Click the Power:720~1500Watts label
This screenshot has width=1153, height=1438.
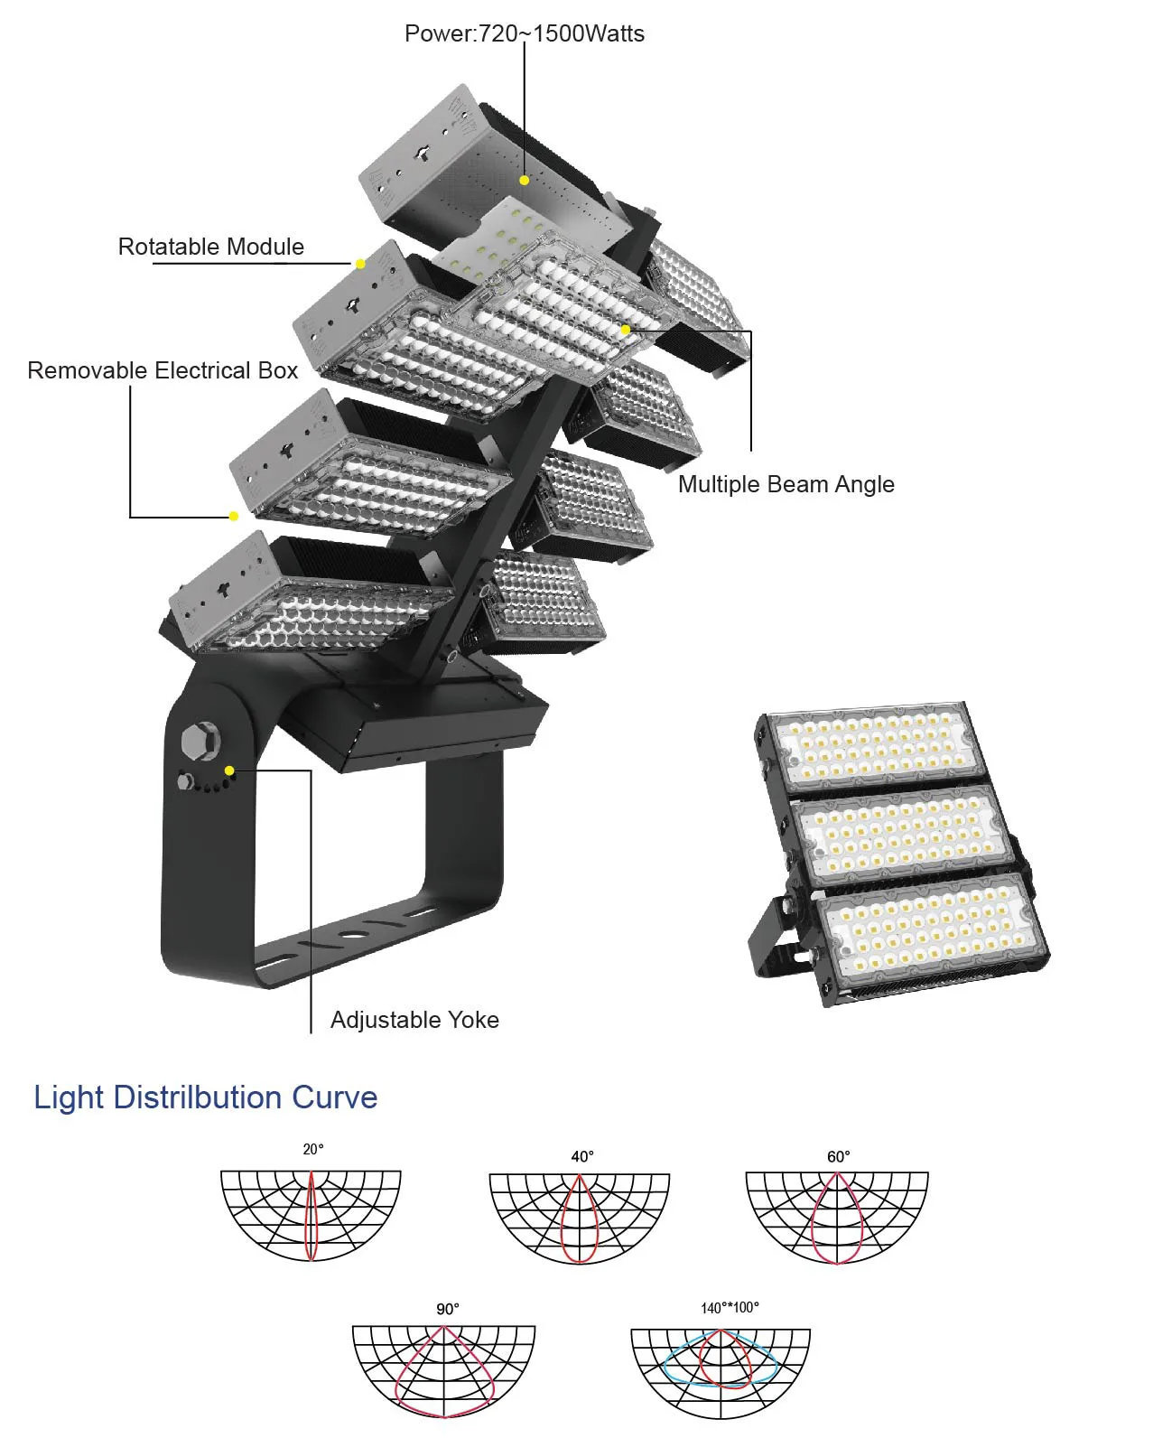coord(525,33)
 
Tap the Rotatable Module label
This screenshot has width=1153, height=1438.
coord(211,247)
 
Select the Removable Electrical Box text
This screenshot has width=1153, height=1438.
coord(163,370)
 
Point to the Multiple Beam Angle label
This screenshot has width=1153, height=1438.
coord(786,484)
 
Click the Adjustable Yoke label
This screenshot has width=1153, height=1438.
coord(414,1020)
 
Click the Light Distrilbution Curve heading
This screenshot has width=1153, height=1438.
coord(206,1097)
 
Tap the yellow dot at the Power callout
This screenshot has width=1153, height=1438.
coord(525,180)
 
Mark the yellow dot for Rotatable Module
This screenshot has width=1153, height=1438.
coord(360,263)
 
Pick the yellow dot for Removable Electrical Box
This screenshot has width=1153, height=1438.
coord(234,516)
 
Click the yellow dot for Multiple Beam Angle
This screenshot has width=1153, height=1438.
coord(626,330)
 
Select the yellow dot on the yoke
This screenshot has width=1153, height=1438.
coord(229,770)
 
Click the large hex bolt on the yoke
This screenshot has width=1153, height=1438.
coord(200,741)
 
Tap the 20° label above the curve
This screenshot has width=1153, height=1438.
coord(313,1149)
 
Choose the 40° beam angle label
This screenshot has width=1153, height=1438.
coord(582,1157)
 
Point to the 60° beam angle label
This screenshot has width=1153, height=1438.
coord(839,1157)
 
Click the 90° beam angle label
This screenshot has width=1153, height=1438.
coord(448,1309)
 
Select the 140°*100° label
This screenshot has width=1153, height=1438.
coord(730,1308)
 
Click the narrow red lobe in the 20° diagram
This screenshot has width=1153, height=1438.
coord(306,1216)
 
